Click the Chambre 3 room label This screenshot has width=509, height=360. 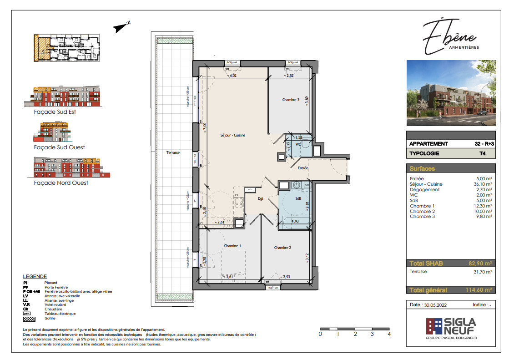pos(291,100)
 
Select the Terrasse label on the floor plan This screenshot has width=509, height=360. pos(173,153)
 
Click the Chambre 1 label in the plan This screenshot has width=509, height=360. pos(232,246)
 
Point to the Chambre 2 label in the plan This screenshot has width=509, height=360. pos(282,248)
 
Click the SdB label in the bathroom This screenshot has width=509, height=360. pos(298,198)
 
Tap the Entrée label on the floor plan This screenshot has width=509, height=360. pos(303,168)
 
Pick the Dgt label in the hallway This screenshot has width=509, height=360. pos(261,198)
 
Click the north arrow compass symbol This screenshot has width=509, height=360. pos(122,27)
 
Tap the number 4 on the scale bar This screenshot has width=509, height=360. pos(389,334)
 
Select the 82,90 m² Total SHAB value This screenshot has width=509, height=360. pos(480,264)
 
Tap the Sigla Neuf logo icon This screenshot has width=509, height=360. pos(433,326)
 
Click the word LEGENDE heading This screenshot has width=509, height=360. pos(35,276)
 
